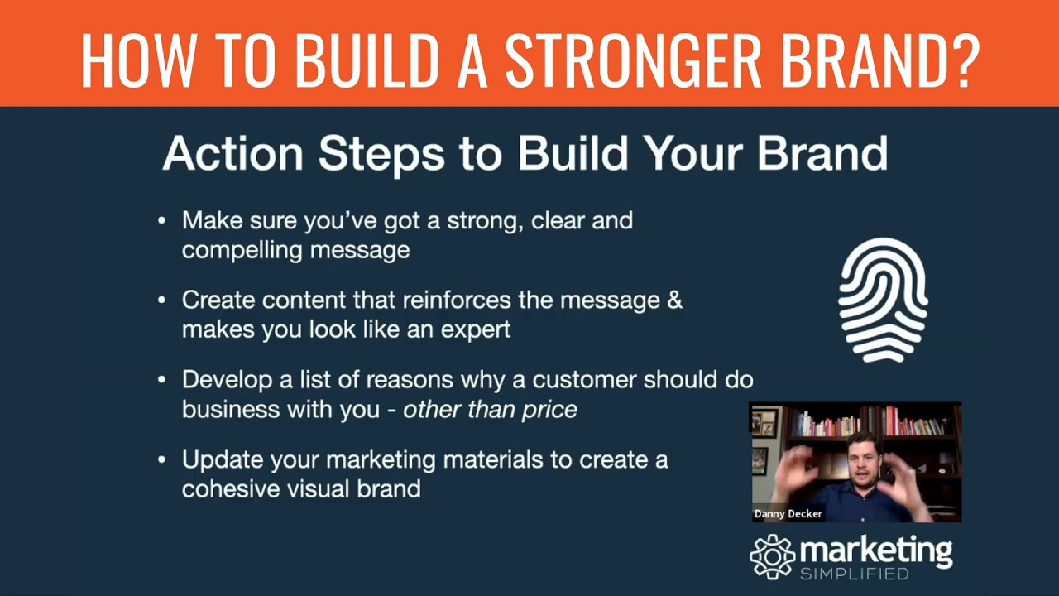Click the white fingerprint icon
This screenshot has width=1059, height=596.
coord(883,300)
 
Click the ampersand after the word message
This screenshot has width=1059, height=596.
coord(674,300)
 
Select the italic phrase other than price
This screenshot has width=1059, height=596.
coord(490,409)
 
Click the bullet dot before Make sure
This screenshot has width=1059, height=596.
coord(162,221)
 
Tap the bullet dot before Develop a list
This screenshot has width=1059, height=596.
coord(162,380)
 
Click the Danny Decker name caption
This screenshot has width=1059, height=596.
coord(788,514)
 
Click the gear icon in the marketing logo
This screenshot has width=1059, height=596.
coord(771,555)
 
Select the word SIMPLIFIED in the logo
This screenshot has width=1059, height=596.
coord(855,574)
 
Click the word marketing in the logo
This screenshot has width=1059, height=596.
coord(875,550)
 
